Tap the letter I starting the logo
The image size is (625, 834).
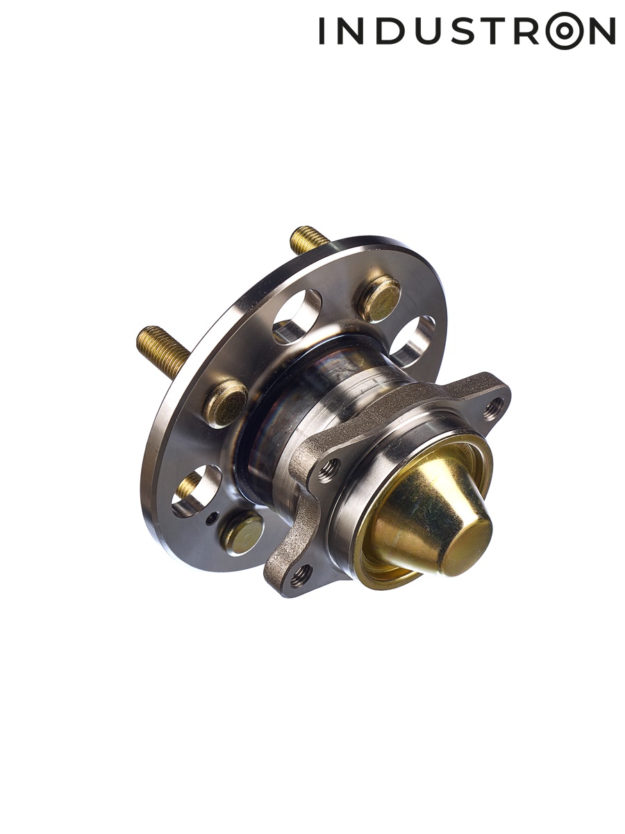(x=322, y=30)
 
